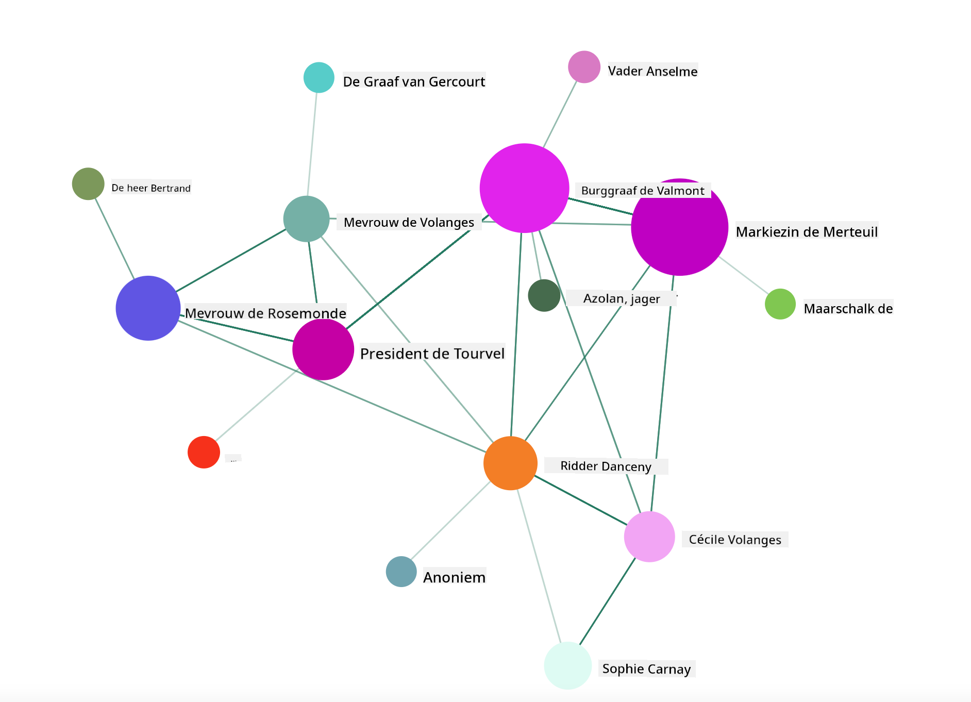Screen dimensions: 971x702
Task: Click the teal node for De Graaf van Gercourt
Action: [x=319, y=77]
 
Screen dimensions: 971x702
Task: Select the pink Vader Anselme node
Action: [x=584, y=66]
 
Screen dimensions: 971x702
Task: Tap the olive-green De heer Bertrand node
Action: [x=88, y=183]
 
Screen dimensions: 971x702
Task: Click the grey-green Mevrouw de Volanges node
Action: [x=307, y=219]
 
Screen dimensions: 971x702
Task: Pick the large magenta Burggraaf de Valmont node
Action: [x=524, y=188]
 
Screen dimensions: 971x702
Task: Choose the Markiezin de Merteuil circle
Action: [x=679, y=227]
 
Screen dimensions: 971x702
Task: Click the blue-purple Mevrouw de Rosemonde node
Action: [x=148, y=308]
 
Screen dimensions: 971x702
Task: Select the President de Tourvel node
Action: [x=323, y=349]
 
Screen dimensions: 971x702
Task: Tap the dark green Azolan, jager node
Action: [x=544, y=295]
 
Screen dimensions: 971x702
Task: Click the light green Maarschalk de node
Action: [x=780, y=304]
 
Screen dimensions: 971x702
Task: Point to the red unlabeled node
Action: [x=204, y=452]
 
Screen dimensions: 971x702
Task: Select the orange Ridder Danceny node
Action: [x=510, y=463]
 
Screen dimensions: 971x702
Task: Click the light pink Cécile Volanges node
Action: [x=649, y=537]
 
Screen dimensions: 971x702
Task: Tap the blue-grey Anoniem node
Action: [x=401, y=572]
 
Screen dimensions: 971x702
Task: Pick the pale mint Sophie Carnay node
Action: [x=567, y=665]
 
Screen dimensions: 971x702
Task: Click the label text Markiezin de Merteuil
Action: [x=807, y=232]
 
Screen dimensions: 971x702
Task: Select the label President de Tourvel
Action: [x=432, y=354]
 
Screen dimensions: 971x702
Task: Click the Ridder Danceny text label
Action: [x=606, y=466]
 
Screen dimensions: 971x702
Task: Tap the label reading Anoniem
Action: [x=455, y=577]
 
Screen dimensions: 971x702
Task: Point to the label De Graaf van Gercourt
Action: [x=414, y=82]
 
